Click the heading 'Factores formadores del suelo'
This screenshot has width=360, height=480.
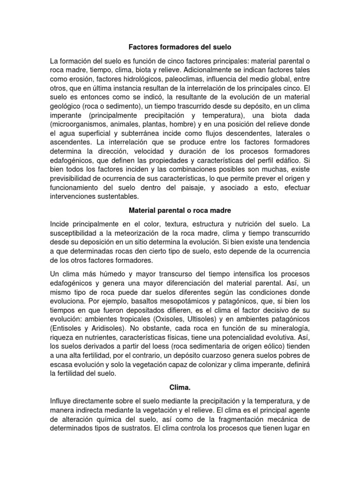(180, 47)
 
